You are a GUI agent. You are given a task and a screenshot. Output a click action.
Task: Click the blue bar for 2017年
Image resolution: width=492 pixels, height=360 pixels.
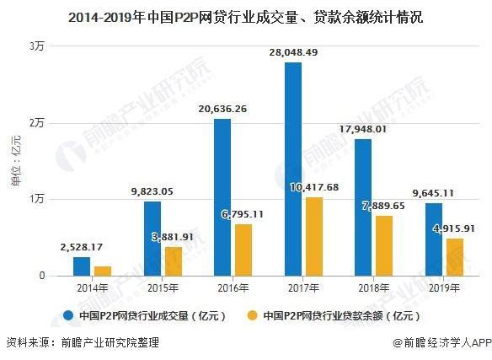293,169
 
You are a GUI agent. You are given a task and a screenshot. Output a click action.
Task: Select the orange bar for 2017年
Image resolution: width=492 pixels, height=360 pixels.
313,236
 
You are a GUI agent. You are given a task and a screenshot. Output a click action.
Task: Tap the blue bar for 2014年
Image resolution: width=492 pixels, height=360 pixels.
82,266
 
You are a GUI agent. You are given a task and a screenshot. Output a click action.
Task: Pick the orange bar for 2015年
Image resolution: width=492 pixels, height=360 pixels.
173,261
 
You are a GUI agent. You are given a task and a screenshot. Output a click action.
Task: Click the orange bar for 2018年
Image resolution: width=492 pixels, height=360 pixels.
383,245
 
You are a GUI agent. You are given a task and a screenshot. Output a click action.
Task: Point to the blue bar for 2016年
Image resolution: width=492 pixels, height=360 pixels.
222,197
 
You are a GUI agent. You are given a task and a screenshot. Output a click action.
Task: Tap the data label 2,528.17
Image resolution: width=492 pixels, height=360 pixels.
82,248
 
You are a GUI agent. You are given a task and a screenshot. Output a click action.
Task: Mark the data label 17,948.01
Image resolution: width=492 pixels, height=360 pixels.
363,129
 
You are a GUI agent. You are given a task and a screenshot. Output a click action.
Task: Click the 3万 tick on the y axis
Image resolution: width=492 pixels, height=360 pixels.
36,46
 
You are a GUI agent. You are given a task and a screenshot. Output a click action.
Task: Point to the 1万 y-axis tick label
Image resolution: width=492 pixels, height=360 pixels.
36,199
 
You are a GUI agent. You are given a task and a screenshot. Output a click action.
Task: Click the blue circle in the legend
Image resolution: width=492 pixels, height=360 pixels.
68,316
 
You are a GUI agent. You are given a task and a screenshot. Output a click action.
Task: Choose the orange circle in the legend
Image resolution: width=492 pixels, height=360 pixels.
251,316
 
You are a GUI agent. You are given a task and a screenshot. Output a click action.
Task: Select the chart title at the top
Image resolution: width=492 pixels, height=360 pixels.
246,15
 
